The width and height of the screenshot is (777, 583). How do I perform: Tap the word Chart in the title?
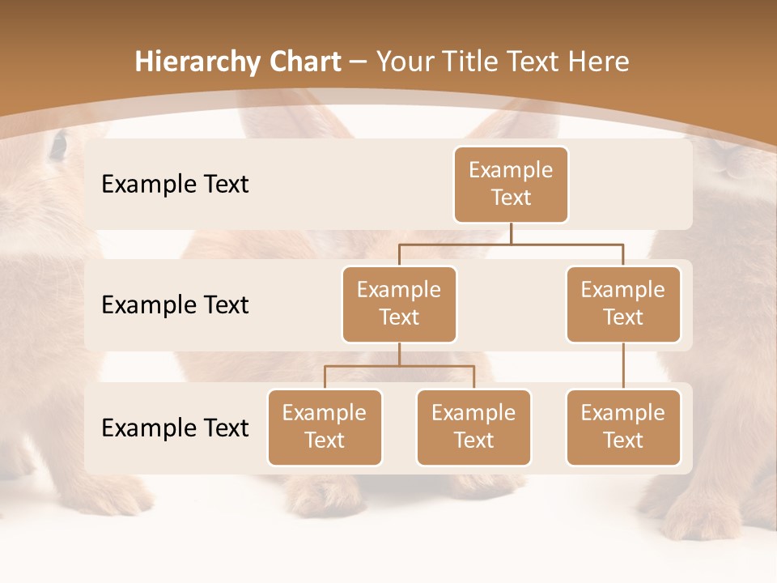pyautogui.click(x=304, y=62)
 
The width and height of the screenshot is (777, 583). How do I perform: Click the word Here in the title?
pyautogui.click(x=599, y=62)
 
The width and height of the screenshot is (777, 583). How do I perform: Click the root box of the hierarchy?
pyautogui.click(x=511, y=184)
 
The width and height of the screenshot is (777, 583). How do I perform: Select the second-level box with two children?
pyautogui.click(x=399, y=304)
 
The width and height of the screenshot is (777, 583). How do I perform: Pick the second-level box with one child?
pyautogui.click(x=623, y=304)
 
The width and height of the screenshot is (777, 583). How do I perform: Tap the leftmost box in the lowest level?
pyautogui.click(x=325, y=427)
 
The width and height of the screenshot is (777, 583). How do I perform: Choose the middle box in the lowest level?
pyautogui.click(x=473, y=427)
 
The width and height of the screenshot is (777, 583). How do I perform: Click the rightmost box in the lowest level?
pyautogui.click(x=623, y=427)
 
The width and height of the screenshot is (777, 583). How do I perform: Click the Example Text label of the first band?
pyautogui.click(x=175, y=185)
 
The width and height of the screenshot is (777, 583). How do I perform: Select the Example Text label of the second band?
pyautogui.click(x=175, y=305)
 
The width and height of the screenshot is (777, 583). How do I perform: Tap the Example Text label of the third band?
pyautogui.click(x=175, y=428)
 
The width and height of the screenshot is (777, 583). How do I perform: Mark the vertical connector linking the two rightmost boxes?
pyautogui.click(x=623, y=366)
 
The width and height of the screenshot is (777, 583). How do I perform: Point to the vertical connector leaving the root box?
pyautogui.click(x=511, y=233)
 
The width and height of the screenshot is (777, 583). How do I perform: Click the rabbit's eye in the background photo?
pyautogui.click(x=58, y=146)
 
